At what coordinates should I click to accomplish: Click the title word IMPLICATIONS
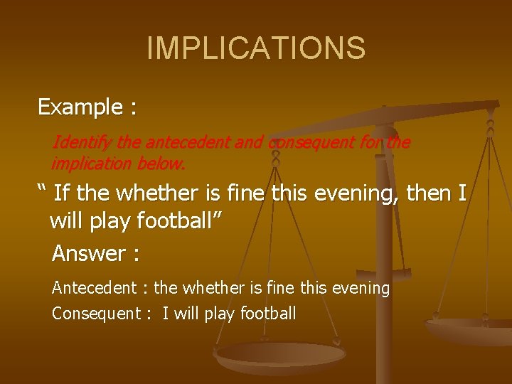point(256,48)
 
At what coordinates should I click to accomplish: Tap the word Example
point(80,107)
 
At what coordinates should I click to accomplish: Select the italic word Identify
point(82,142)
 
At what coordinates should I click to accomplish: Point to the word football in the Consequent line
point(268,314)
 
